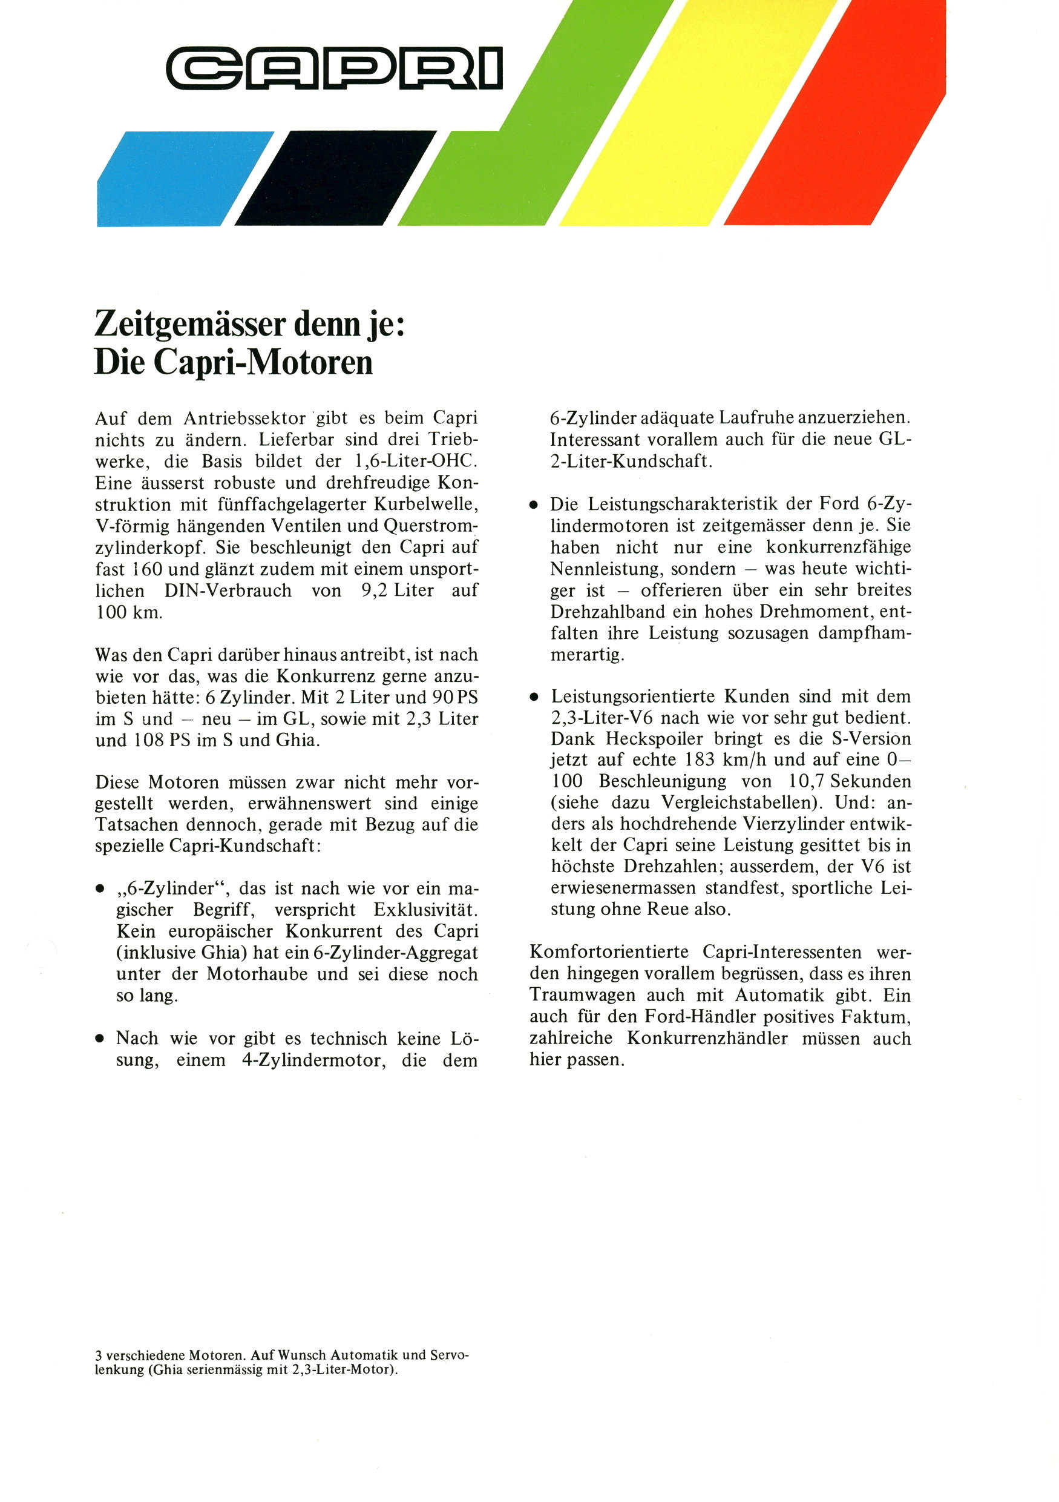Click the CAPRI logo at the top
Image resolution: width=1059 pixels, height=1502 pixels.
[x=335, y=67]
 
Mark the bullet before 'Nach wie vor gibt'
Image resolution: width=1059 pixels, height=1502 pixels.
[x=100, y=1039]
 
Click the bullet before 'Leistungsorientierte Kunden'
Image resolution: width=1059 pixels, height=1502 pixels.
[x=534, y=697]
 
